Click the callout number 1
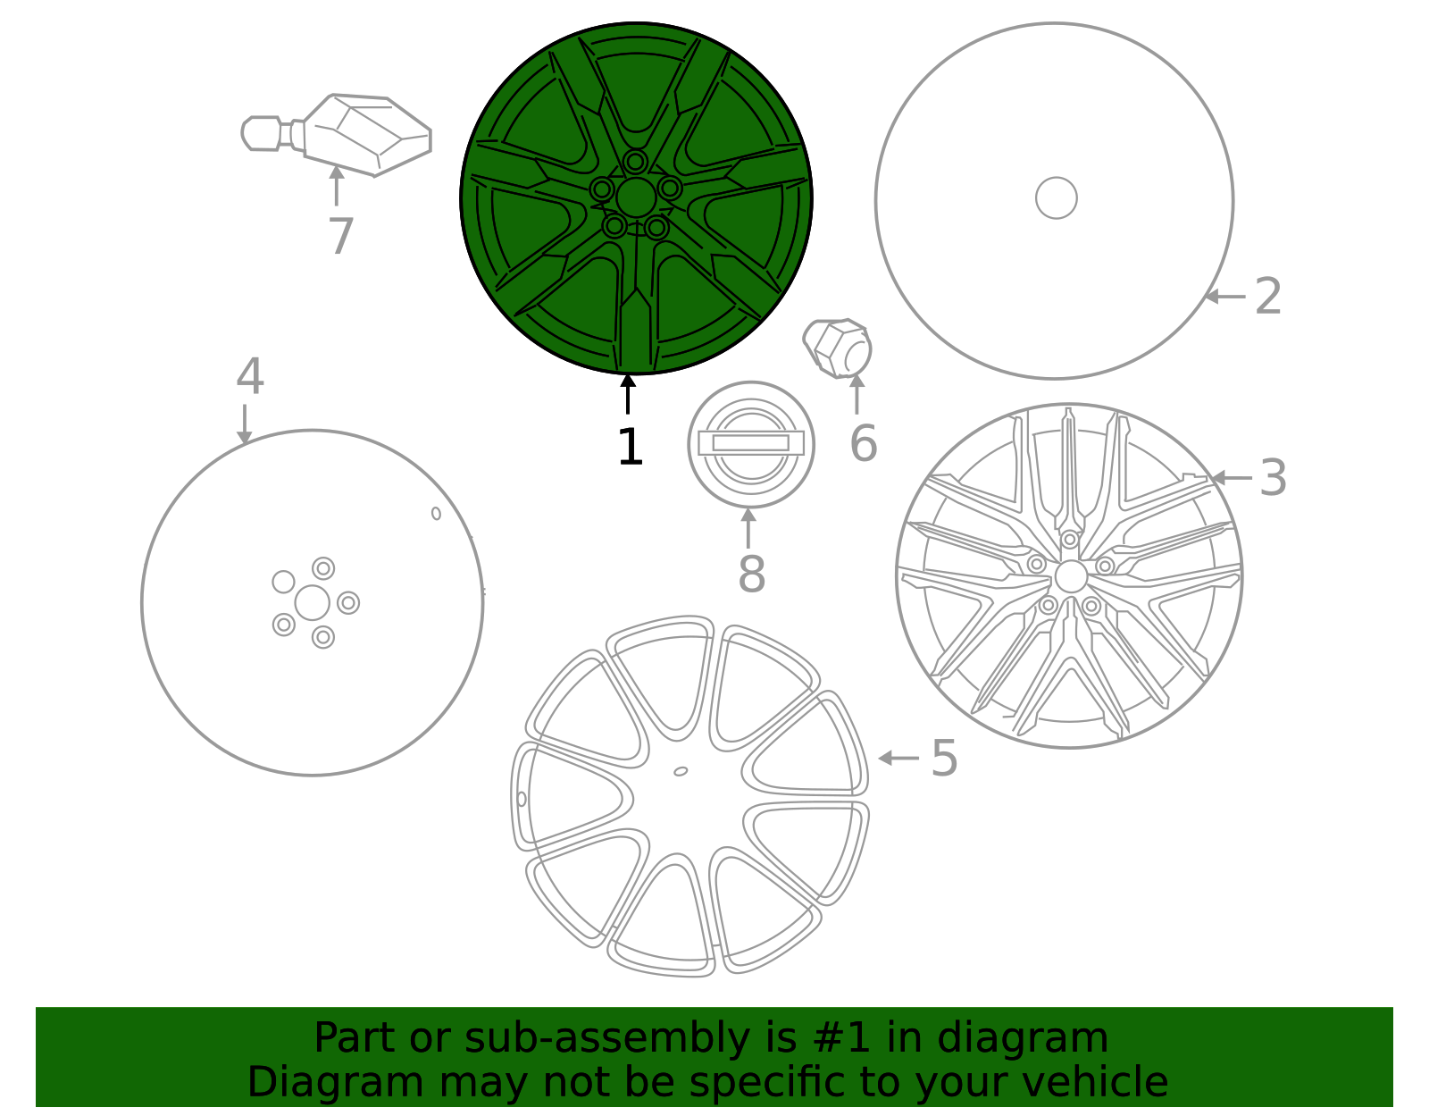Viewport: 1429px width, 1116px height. coord(630,447)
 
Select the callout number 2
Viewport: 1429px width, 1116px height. coord(1268,296)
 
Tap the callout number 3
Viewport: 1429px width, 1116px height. coord(1273,478)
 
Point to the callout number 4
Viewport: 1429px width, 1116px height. coord(249,377)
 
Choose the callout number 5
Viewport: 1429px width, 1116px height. coord(944,759)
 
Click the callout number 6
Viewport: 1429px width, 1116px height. coord(863,443)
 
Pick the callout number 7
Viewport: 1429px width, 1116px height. coord(340,237)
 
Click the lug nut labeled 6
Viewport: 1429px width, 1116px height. coord(838,348)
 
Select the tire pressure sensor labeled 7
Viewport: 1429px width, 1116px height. coord(357,134)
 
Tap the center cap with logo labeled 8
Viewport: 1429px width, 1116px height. coord(751,443)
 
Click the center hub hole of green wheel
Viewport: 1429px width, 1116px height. coord(636,197)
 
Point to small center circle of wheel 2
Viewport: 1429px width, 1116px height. coord(1056,197)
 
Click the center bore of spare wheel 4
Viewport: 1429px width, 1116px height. coord(312,602)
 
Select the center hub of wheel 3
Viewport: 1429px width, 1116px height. coord(1070,576)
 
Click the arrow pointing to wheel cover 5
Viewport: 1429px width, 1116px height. coord(898,758)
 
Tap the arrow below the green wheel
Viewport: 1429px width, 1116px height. coord(628,394)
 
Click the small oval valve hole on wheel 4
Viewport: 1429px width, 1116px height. coord(436,513)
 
